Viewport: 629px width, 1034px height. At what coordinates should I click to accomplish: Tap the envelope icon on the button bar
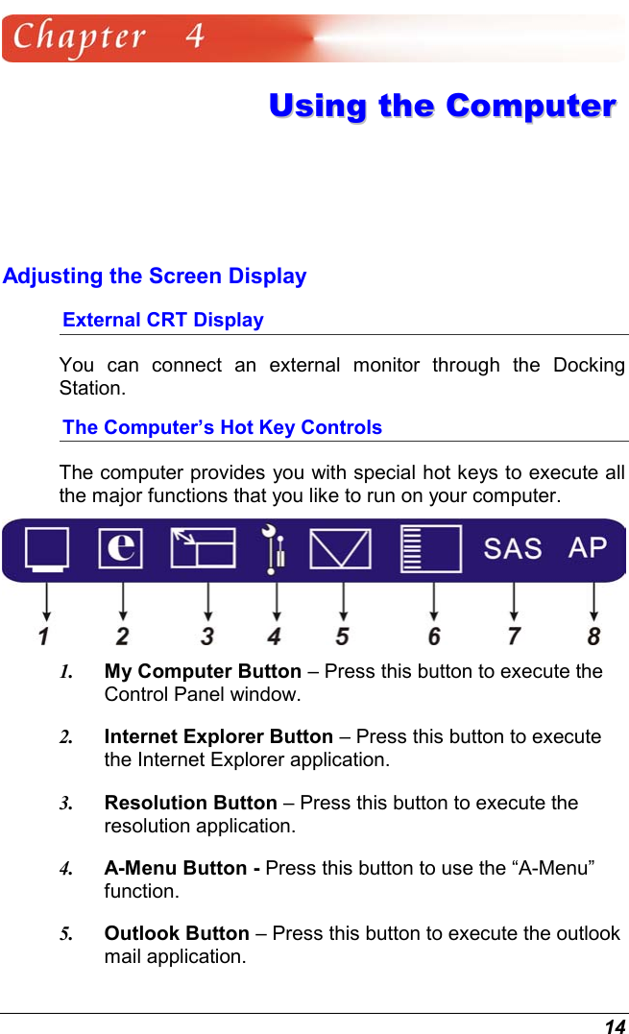[340, 549]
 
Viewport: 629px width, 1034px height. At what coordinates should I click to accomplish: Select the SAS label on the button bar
[512, 549]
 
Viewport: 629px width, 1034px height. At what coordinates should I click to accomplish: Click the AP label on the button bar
[588, 547]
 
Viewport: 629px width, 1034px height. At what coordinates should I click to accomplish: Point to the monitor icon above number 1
[47, 549]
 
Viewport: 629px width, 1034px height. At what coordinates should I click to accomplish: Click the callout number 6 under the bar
[435, 636]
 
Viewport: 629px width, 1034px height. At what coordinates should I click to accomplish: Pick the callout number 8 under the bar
[594, 636]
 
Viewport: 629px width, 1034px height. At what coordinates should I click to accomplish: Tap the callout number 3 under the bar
[207, 636]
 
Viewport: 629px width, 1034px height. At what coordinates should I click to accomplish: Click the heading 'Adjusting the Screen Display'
[155, 277]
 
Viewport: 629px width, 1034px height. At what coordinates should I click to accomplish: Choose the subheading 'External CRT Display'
[163, 320]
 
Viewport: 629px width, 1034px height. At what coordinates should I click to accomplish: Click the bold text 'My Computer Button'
[203, 671]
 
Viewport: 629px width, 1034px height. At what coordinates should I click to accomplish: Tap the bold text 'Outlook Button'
[177, 933]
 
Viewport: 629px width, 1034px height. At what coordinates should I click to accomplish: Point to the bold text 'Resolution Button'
[190, 803]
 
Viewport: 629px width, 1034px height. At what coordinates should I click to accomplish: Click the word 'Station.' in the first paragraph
[92, 389]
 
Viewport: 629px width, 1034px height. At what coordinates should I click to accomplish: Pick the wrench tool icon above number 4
[274, 549]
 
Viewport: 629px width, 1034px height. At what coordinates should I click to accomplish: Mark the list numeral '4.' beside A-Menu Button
[66, 869]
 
